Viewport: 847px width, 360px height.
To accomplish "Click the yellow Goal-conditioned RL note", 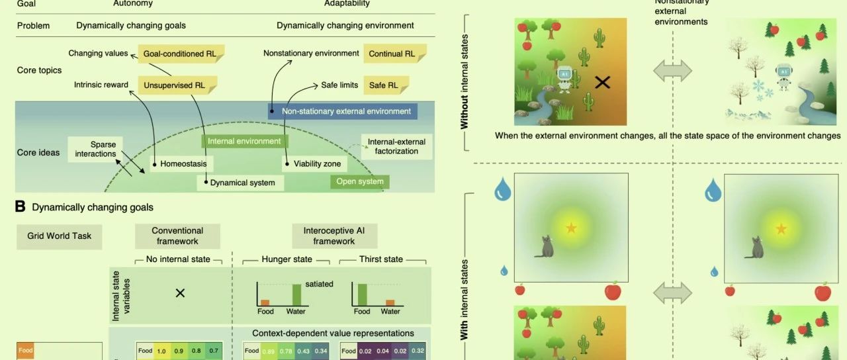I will (x=180, y=54).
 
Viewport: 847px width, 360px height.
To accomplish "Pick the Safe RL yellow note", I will (x=386, y=85).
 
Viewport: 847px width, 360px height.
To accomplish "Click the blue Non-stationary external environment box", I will (x=343, y=111).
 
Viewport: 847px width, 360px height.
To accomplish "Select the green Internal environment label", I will (x=244, y=141).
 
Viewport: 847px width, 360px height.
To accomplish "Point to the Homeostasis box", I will (x=179, y=163).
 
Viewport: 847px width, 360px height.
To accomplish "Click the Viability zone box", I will (x=313, y=163).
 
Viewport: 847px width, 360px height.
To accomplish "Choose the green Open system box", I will (x=359, y=181).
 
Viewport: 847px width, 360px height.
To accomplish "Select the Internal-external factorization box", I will (x=397, y=146).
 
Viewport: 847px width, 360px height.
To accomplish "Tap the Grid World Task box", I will (x=60, y=236).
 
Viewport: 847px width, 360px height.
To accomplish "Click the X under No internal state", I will (x=179, y=292).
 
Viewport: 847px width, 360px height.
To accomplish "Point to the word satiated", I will (x=319, y=285).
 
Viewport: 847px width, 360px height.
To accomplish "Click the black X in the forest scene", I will (x=602, y=82).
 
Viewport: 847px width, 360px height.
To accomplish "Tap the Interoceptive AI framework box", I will (x=334, y=236).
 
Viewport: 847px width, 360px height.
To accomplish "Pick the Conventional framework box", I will (x=177, y=236).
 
